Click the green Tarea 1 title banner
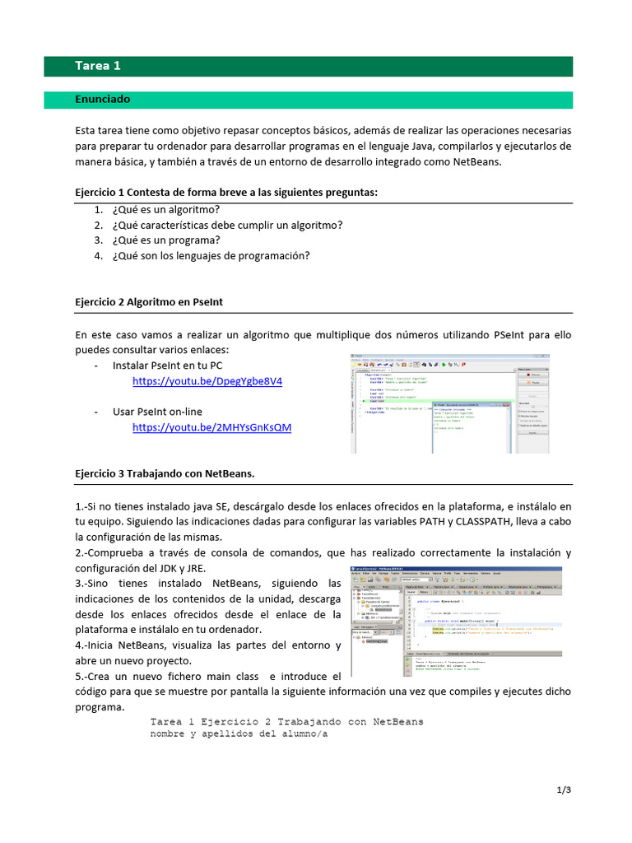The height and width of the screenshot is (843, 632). pyautogui.click(x=319, y=67)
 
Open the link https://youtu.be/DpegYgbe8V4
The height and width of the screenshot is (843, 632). pyautogui.click(x=207, y=382)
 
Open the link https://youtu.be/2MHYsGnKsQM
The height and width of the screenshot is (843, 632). pyautogui.click(x=211, y=427)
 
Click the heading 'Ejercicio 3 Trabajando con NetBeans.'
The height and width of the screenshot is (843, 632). pyautogui.click(x=165, y=473)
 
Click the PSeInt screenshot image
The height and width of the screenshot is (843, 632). pyautogui.click(x=450, y=403)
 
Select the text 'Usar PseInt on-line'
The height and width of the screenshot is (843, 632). pyautogui.click(x=157, y=412)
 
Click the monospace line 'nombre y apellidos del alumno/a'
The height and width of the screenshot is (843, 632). pyautogui.click(x=239, y=734)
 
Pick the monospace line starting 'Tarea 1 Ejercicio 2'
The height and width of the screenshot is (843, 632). pyautogui.click(x=286, y=721)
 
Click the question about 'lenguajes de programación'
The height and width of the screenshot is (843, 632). pyautogui.click(x=211, y=256)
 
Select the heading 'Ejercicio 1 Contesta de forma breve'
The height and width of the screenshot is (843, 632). pyautogui.click(x=226, y=193)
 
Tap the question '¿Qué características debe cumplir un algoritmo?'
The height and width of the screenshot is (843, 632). pyautogui.click(x=227, y=225)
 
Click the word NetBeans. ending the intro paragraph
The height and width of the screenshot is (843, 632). pyautogui.click(x=476, y=161)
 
